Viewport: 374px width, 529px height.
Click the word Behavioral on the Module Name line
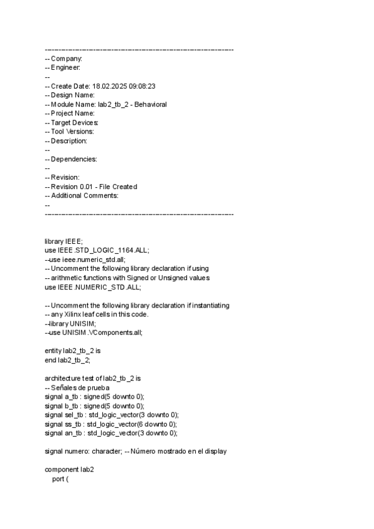point(150,104)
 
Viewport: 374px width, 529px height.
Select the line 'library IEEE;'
point(64,241)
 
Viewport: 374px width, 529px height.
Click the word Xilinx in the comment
point(75,314)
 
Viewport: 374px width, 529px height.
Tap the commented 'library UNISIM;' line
point(70,324)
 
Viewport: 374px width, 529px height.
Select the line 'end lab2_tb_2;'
point(68,361)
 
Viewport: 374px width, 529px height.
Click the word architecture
point(65,379)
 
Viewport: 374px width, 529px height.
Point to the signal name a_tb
point(72,397)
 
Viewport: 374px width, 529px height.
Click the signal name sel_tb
point(74,415)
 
